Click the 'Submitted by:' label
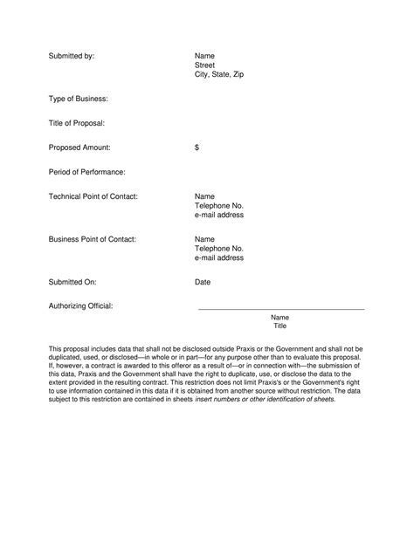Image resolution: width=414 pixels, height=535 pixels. coord(71,55)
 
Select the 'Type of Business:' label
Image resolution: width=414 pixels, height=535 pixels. coord(79,99)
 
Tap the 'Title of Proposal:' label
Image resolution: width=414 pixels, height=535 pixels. coord(78,124)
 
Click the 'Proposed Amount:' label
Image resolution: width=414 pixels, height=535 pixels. coord(79,148)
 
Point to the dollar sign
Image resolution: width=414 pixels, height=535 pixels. coord(197,148)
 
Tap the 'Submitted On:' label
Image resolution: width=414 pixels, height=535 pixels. coord(72,282)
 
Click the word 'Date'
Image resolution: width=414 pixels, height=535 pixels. coord(203,282)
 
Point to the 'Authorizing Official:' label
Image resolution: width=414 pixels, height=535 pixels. coord(81,306)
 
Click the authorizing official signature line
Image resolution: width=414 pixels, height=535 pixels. coord(281,310)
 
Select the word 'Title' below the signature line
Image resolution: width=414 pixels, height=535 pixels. coord(280,326)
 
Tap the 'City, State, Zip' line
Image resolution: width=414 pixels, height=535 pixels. coord(219,75)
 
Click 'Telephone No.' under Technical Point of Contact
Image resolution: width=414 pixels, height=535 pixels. coord(219,206)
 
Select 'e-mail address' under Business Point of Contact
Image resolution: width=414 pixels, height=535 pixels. coord(219,258)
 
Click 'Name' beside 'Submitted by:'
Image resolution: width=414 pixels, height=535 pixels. coord(204,55)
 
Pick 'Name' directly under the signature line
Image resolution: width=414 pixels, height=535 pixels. coord(280,317)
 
